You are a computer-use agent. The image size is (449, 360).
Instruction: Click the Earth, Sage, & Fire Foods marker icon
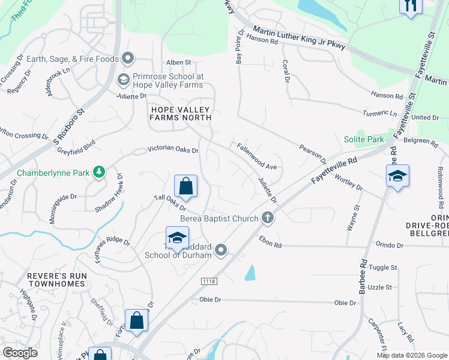point(127,58)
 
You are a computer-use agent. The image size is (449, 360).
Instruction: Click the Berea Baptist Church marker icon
point(268,219)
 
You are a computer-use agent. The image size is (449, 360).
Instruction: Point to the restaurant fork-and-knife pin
point(411,6)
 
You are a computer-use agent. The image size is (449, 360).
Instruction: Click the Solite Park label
point(364,139)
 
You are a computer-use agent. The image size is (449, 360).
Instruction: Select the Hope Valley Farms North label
point(181,113)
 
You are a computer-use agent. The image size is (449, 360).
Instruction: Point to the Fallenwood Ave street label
point(256,155)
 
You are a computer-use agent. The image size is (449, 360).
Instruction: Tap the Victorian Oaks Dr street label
point(173,149)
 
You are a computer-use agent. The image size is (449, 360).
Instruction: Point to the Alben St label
point(178,62)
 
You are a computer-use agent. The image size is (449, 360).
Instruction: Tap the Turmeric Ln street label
point(381,113)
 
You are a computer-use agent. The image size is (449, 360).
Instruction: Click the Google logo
point(20,353)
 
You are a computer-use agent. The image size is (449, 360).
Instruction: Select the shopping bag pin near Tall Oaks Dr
point(185,187)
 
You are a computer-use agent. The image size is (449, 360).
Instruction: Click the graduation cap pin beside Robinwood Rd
point(397,176)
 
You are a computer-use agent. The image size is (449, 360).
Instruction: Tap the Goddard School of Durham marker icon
point(221,250)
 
